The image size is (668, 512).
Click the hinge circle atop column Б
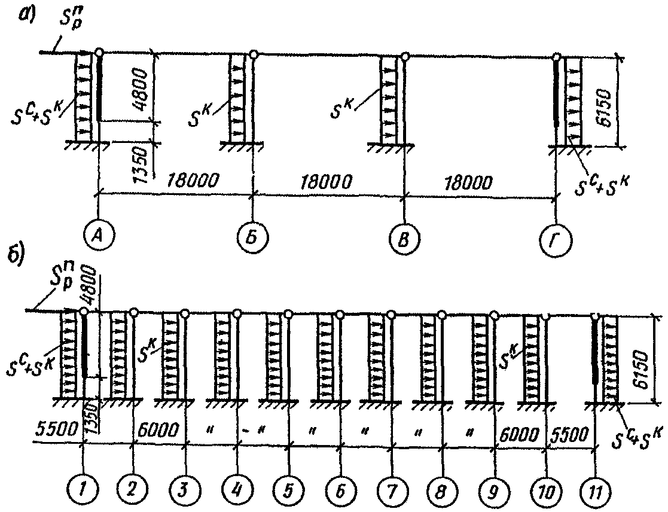pos(254,54)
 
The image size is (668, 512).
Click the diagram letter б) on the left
pos(15,255)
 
